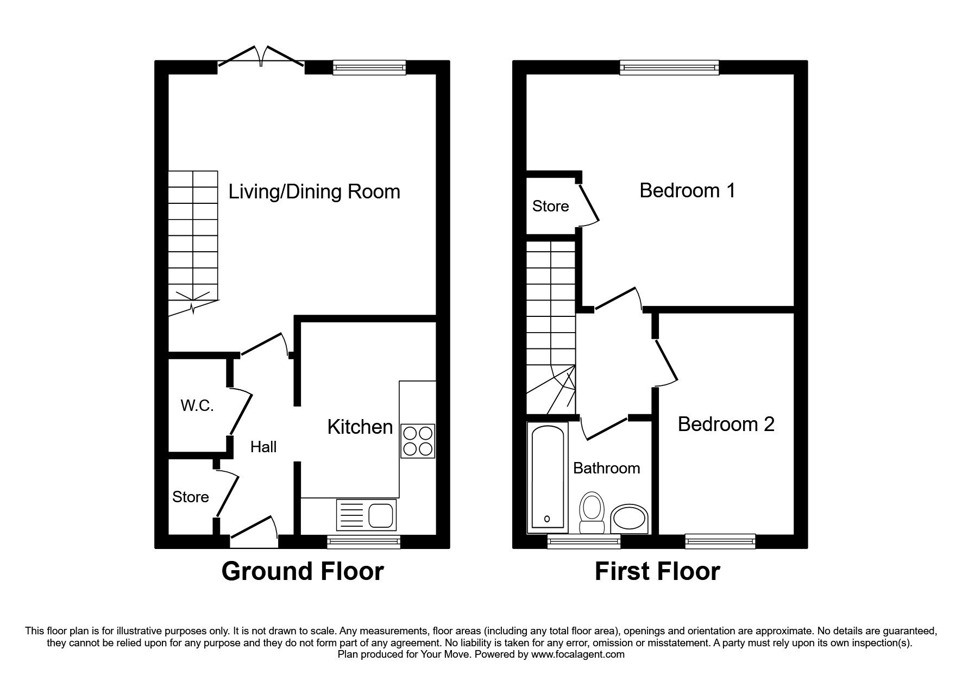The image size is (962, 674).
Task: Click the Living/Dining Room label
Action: coord(314,192)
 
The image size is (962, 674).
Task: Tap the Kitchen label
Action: coord(360,427)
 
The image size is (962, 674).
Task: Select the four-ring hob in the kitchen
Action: coord(418,441)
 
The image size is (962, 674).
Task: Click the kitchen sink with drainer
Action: coord(366,514)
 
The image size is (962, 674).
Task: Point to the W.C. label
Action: coord(197,405)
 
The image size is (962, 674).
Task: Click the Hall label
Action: coord(263,447)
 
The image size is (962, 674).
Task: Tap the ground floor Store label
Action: coord(191,497)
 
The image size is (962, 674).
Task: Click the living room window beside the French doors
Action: coord(369,67)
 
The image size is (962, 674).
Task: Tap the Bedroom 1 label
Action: coord(687,191)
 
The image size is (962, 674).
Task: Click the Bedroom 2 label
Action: coord(726,424)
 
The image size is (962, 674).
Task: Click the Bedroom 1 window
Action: coord(669,67)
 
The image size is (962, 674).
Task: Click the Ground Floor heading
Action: coord(303,572)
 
